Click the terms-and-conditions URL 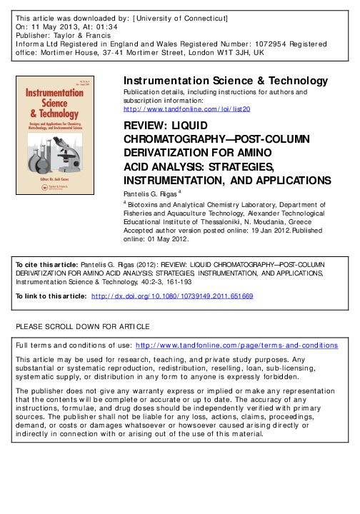tap(236, 345)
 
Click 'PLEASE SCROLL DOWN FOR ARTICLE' tap(83, 327)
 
